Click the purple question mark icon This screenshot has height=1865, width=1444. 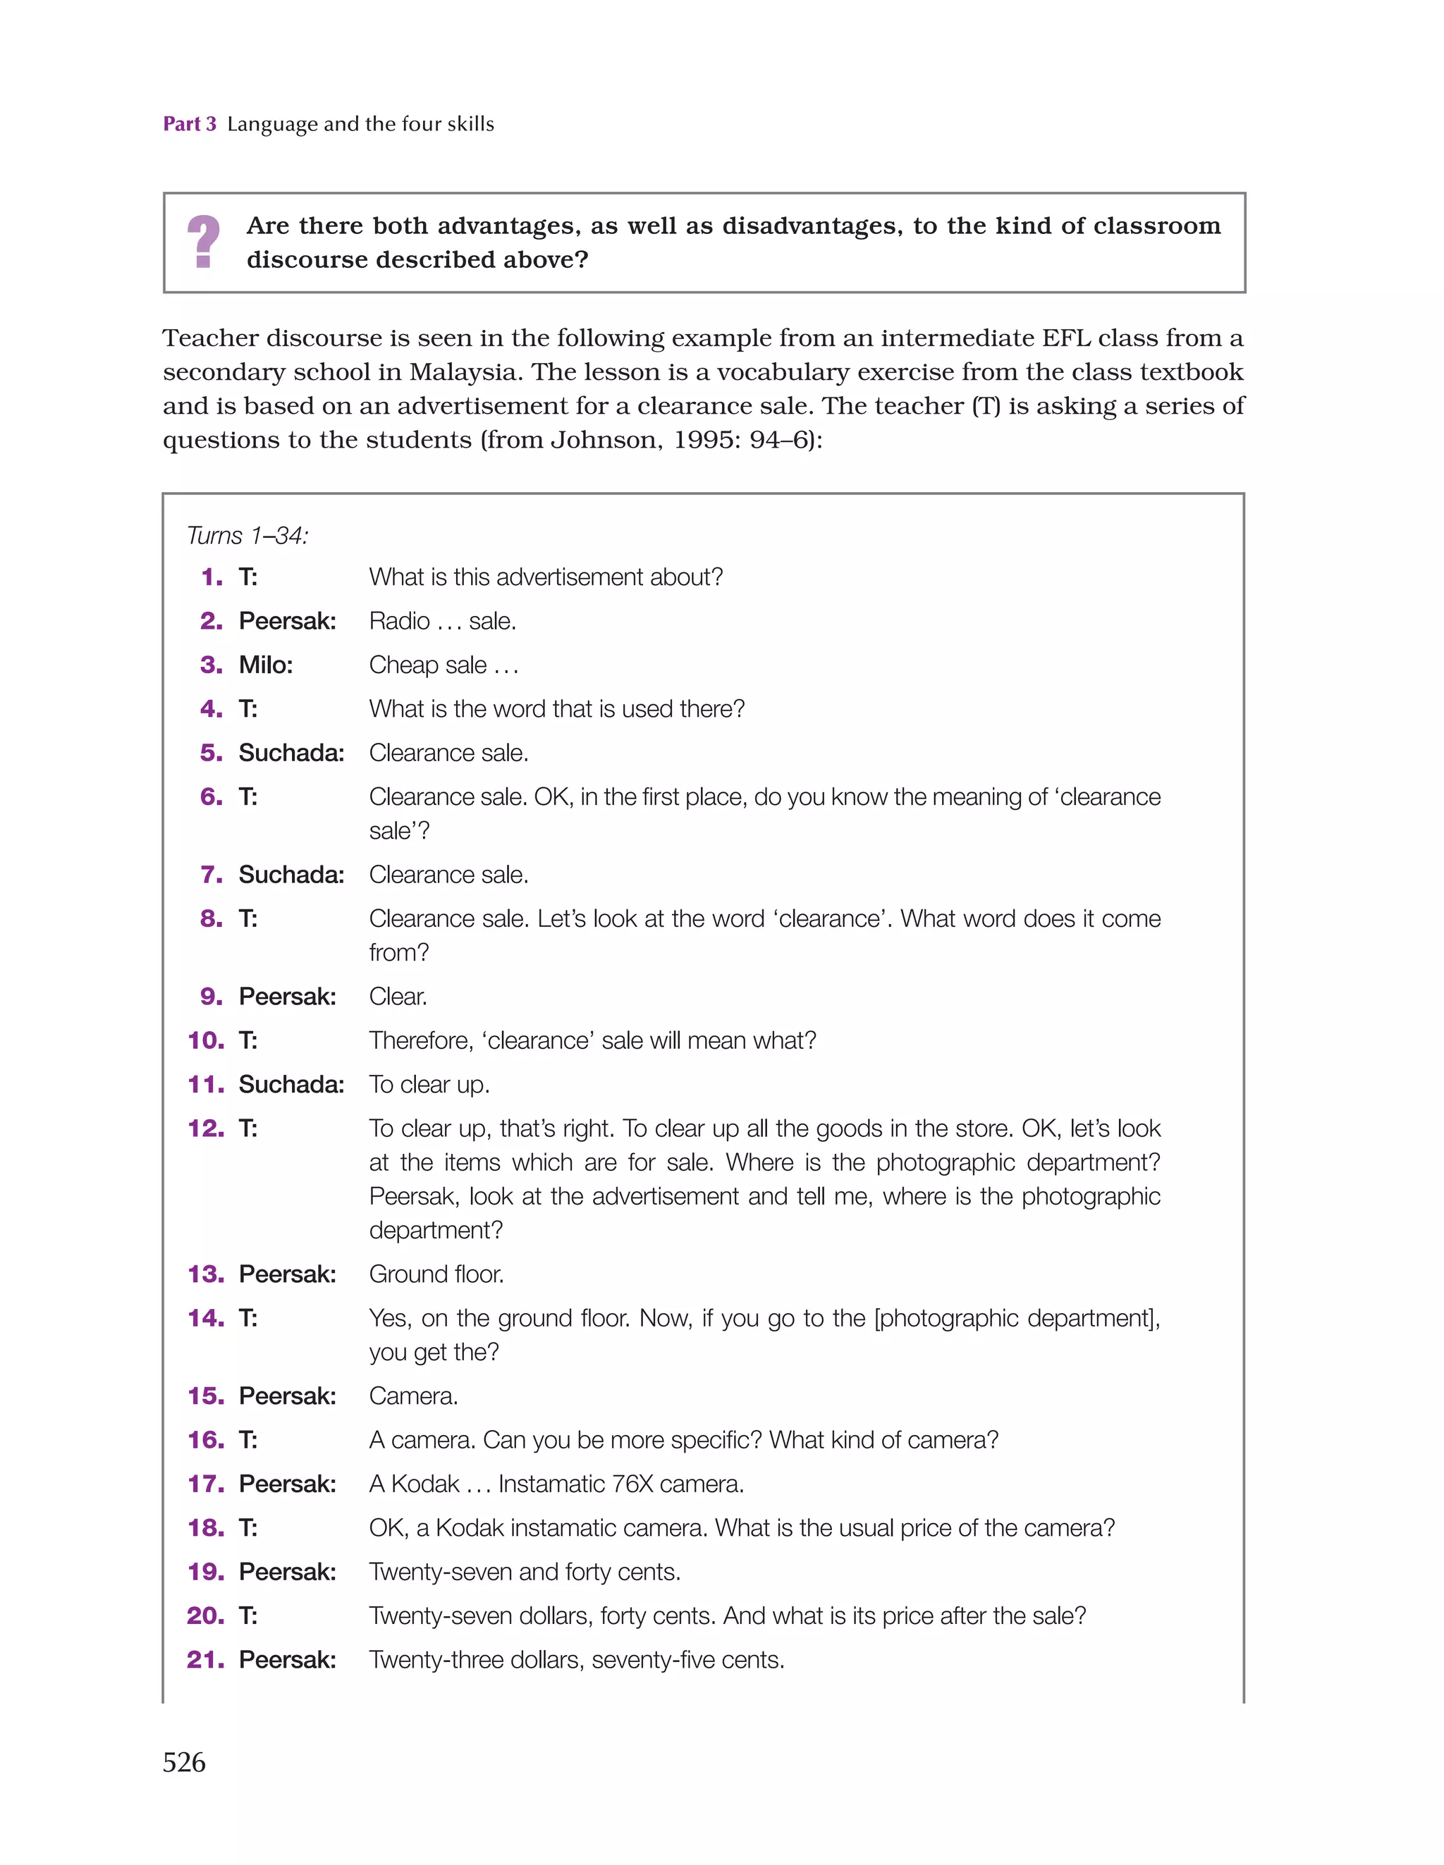[x=202, y=242]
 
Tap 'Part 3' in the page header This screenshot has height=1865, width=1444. [x=189, y=124]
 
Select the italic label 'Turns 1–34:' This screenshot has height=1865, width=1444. [x=247, y=536]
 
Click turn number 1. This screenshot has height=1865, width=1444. [x=211, y=577]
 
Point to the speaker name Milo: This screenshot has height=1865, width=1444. [x=266, y=665]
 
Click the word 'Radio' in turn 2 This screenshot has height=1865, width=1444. [x=399, y=621]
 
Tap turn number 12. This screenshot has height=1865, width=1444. [x=205, y=1129]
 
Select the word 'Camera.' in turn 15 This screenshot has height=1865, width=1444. [x=414, y=1396]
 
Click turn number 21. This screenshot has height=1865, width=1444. [x=205, y=1660]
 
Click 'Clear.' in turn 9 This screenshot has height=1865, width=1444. [x=398, y=997]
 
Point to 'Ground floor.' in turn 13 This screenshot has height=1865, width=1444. [x=436, y=1274]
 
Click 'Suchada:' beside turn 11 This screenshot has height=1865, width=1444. [x=291, y=1085]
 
